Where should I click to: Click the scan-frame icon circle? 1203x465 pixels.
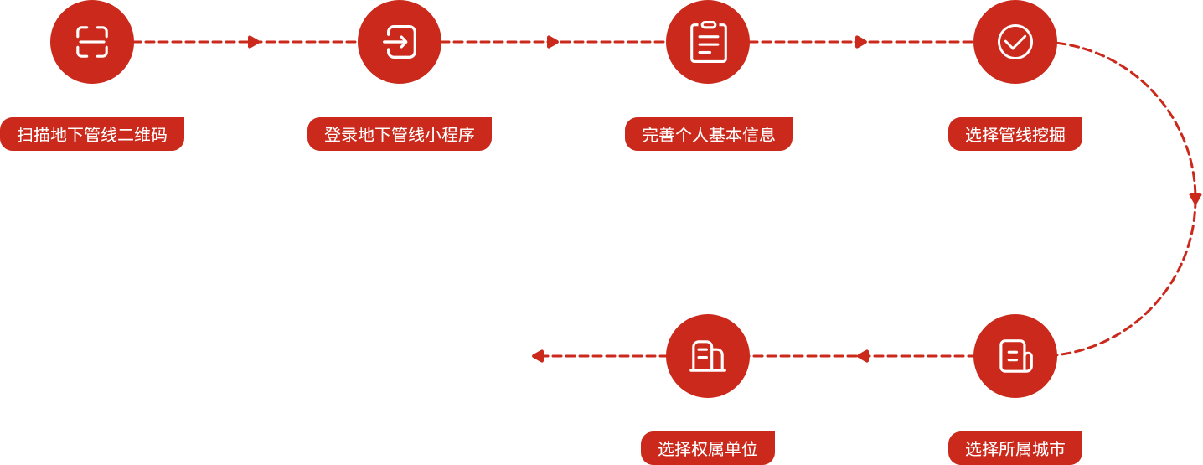[x=92, y=42]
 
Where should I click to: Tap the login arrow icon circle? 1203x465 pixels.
[x=400, y=42]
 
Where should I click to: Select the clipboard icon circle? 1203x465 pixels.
[x=708, y=42]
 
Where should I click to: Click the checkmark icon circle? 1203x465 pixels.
[x=1015, y=42]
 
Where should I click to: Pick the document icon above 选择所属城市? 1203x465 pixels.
[x=1015, y=356]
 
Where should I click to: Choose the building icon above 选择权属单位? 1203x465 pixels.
[x=708, y=356]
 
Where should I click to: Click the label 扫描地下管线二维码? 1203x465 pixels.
[x=92, y=135]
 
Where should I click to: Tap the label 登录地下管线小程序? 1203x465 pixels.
[x=400, y=135]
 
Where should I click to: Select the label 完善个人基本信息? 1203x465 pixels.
[x=708, y=135]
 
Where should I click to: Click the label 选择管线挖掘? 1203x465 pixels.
[x=1015, y=135]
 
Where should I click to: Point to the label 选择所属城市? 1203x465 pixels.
[x=1015, y=449]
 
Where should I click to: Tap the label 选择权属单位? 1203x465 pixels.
[x=708, y=449]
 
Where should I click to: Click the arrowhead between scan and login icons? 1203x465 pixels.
[x=256, y=42]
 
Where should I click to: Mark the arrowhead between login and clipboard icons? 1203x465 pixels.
[x=553, y=42]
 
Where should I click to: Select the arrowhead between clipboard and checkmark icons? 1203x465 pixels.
[x=861, y=42]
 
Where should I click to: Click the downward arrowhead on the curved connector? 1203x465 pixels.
[x=1195, y=200]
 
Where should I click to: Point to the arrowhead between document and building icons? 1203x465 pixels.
[x=862, y=356]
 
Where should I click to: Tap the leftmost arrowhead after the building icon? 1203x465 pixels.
[x=538, y=356]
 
